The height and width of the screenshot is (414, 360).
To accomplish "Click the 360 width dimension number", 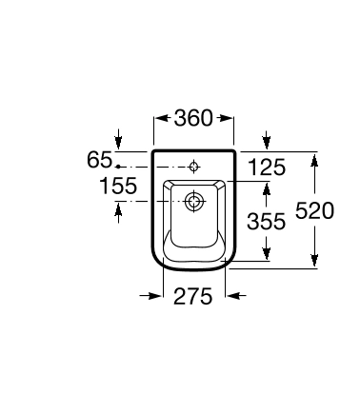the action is (193, 118).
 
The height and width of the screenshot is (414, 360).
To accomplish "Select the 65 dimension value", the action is (99, 160).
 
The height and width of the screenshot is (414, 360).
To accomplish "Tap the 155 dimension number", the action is (118, 186).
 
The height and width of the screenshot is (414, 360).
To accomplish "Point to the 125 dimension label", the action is (267, 168).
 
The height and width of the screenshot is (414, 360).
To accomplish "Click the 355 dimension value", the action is (266, 221).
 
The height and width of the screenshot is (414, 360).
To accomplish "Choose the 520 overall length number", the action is (314, 210).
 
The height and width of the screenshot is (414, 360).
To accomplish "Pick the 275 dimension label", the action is (192, 296).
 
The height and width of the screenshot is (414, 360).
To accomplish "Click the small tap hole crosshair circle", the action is (193, 167).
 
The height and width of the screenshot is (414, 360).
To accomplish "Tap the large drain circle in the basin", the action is (193, 201).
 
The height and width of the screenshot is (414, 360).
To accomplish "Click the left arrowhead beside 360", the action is (162, 118).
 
